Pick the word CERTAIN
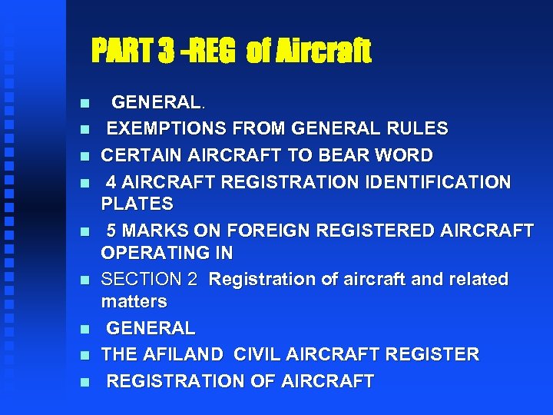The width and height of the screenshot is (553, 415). click(x=135, y=155)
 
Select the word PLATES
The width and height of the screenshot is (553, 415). click(x=137, y=204)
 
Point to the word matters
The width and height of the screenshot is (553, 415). click(x=134, y=300)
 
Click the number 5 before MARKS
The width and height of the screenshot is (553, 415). click(x=111, y=230)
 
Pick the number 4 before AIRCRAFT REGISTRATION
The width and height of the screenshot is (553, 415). click(x=111, y=182)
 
